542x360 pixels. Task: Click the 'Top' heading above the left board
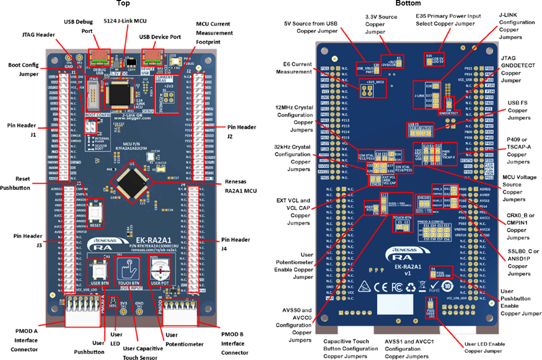tap(123, 4)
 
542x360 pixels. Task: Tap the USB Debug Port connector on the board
tap(99, 56)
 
